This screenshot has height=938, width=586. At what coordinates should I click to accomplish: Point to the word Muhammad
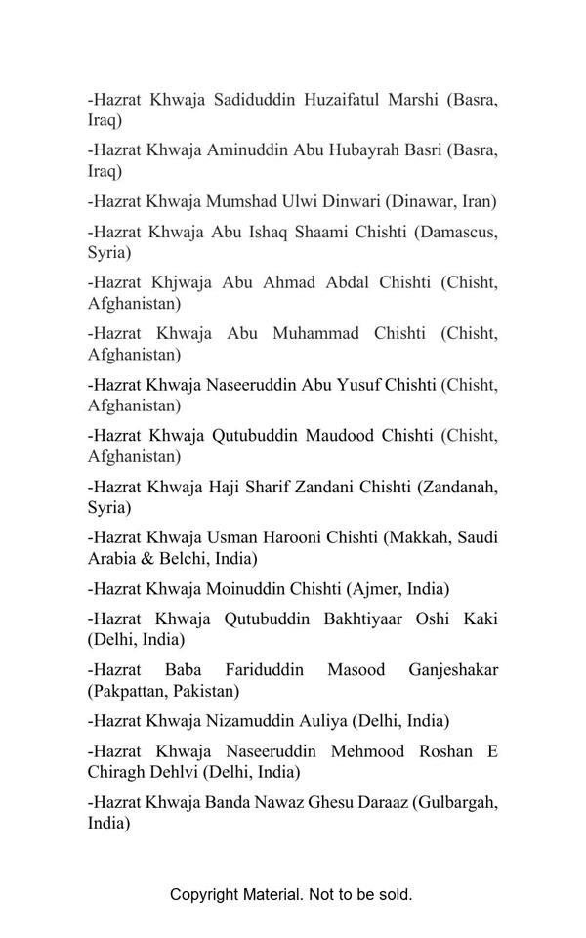coord(317,334)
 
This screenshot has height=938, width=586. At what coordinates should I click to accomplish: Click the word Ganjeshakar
coord(453,670)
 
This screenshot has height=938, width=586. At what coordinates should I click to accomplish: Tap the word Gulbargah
coord(455,803)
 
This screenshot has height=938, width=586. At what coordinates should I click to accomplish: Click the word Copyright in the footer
coord(204,894)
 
